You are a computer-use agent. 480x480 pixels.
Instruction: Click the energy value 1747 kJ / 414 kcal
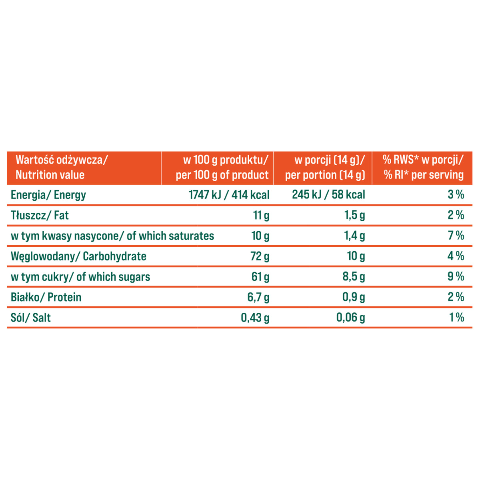click(229, 195)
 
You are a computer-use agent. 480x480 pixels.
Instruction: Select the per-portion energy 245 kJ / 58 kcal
click(328, 195)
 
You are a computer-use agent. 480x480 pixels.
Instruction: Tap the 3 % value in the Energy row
click(456, 195)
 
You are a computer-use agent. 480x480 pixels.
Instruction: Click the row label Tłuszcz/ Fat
click(40, 215)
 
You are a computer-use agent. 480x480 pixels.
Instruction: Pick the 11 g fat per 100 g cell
click(261, 215)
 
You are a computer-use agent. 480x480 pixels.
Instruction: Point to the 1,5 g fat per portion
click(354, 215)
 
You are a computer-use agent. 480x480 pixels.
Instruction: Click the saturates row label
click(112, 236)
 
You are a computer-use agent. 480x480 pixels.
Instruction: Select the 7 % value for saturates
click(456, 236)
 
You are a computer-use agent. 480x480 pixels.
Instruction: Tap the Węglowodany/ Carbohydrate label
click(78, 256)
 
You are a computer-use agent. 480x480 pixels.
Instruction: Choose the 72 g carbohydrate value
click(260, 256)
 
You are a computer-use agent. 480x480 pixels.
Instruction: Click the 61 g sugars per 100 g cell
click(260, 277)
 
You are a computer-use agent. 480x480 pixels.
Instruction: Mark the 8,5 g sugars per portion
click(354, 277)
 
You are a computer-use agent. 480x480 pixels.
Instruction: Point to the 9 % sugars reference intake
click(456, 276)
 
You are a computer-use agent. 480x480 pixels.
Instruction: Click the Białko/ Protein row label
click(46, 297)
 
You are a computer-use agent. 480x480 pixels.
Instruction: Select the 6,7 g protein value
click(258, 297)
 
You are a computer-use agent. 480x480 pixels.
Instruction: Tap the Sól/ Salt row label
click(31, 318)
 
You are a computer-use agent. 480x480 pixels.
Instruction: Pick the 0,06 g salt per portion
click(350, 318)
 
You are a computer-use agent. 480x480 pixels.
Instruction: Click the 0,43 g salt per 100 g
click(255, 318)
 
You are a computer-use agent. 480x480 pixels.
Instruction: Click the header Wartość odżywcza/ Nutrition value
click(62, 168)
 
